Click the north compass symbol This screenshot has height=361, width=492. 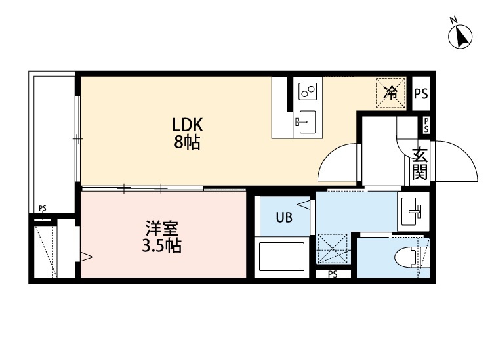coord(461,35)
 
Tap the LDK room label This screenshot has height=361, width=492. coord(188,125)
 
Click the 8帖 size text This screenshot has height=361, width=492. coord(188,142)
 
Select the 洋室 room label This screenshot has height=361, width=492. coord(162,229)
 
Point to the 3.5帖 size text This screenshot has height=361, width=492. coord(162,247)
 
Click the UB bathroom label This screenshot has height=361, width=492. coord(283,218)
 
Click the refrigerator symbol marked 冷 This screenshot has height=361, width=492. coord(390,92)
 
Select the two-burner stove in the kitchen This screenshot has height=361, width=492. coord(307,92)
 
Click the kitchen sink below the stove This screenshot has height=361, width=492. coord(306,121)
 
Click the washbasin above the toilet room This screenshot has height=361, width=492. coord(413,211)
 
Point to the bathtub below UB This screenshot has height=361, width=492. coord(282,256)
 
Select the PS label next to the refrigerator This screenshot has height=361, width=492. coord(420,93)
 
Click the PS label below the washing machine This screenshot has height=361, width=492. coord(333,274)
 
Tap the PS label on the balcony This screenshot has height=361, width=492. coord(43,209)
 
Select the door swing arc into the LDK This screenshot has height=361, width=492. coord(338,164)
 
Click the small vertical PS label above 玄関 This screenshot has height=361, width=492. coord(426,125)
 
